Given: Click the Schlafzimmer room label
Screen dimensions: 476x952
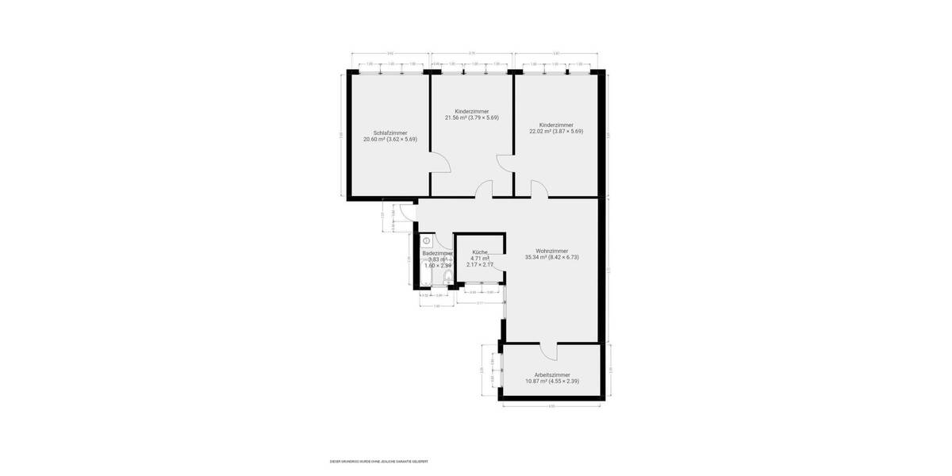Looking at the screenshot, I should (390, 132).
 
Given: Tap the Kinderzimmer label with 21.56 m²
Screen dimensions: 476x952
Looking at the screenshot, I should (472, 111).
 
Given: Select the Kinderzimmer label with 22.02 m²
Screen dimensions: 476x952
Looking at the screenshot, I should (556, 125).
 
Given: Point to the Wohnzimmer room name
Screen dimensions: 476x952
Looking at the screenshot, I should (551, 251).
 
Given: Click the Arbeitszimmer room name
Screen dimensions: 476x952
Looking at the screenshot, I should (552, 374).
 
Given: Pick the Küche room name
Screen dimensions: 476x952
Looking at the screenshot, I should (479, 251).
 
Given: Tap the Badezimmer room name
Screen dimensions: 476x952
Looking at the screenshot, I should (437, 253).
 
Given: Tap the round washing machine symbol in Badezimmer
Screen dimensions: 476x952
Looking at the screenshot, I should (426, 240).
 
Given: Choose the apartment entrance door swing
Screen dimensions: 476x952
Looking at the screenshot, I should (406, 211).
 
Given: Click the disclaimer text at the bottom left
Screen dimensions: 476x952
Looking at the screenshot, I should (378, 461).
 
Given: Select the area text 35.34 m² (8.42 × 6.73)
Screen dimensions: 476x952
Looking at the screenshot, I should (552, 257).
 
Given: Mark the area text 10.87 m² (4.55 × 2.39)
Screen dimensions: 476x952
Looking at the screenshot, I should (552, 381).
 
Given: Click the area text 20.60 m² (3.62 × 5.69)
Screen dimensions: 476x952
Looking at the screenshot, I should (390, 139).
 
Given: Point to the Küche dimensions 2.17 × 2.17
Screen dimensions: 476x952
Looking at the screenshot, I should (480, 264).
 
